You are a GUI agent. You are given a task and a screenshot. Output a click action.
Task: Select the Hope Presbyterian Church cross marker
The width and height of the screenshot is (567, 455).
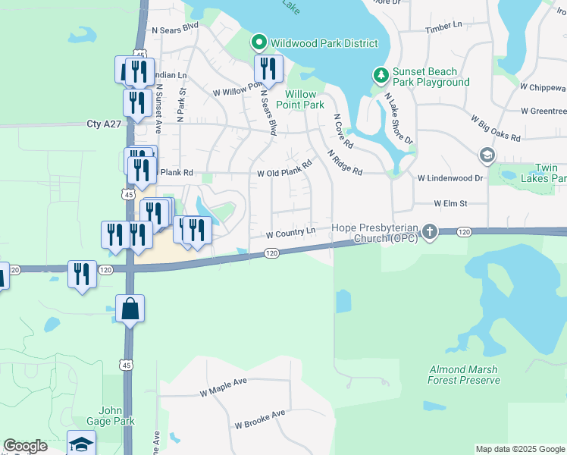coord(430,231)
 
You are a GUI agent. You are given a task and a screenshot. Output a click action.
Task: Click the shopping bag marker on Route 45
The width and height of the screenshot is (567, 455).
coord(130,309)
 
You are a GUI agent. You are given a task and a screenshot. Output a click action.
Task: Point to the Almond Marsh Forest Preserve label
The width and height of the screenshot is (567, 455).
coord(464,373)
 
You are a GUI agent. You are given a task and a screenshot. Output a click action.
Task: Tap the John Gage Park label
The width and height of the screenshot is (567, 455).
coord(110,416)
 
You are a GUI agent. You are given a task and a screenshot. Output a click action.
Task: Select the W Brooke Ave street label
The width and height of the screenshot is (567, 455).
coord(259,419)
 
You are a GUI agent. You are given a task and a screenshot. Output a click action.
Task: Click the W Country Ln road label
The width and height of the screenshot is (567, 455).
coord(290,231)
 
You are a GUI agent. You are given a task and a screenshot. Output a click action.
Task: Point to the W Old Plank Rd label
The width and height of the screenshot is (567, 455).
coord(284,168)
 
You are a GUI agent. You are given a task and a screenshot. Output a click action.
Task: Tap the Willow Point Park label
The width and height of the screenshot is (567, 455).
coord(304,99)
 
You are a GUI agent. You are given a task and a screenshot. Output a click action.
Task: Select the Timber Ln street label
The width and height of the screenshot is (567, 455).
coord(443,27)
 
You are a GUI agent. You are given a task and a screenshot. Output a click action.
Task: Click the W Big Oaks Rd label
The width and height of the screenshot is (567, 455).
coord(496,128)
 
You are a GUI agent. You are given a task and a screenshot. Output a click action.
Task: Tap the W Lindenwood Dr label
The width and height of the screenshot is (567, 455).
coord(450,177)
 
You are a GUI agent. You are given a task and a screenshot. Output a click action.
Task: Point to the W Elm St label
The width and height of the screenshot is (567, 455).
coord(450,203)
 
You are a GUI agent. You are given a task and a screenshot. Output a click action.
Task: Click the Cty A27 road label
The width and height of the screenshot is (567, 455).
coord(105,124)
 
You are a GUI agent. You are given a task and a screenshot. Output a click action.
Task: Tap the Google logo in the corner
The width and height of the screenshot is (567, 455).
coord(25,446)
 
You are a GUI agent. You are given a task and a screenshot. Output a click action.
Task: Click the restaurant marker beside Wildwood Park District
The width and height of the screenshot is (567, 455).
coord(268,70)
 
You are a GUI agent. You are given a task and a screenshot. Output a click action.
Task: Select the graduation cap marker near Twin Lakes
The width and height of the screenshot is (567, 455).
coord(487,156)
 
